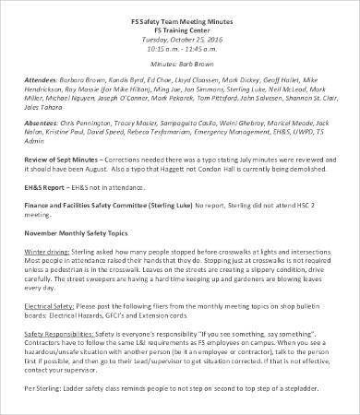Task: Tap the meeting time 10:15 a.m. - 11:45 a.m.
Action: [180, 49]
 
